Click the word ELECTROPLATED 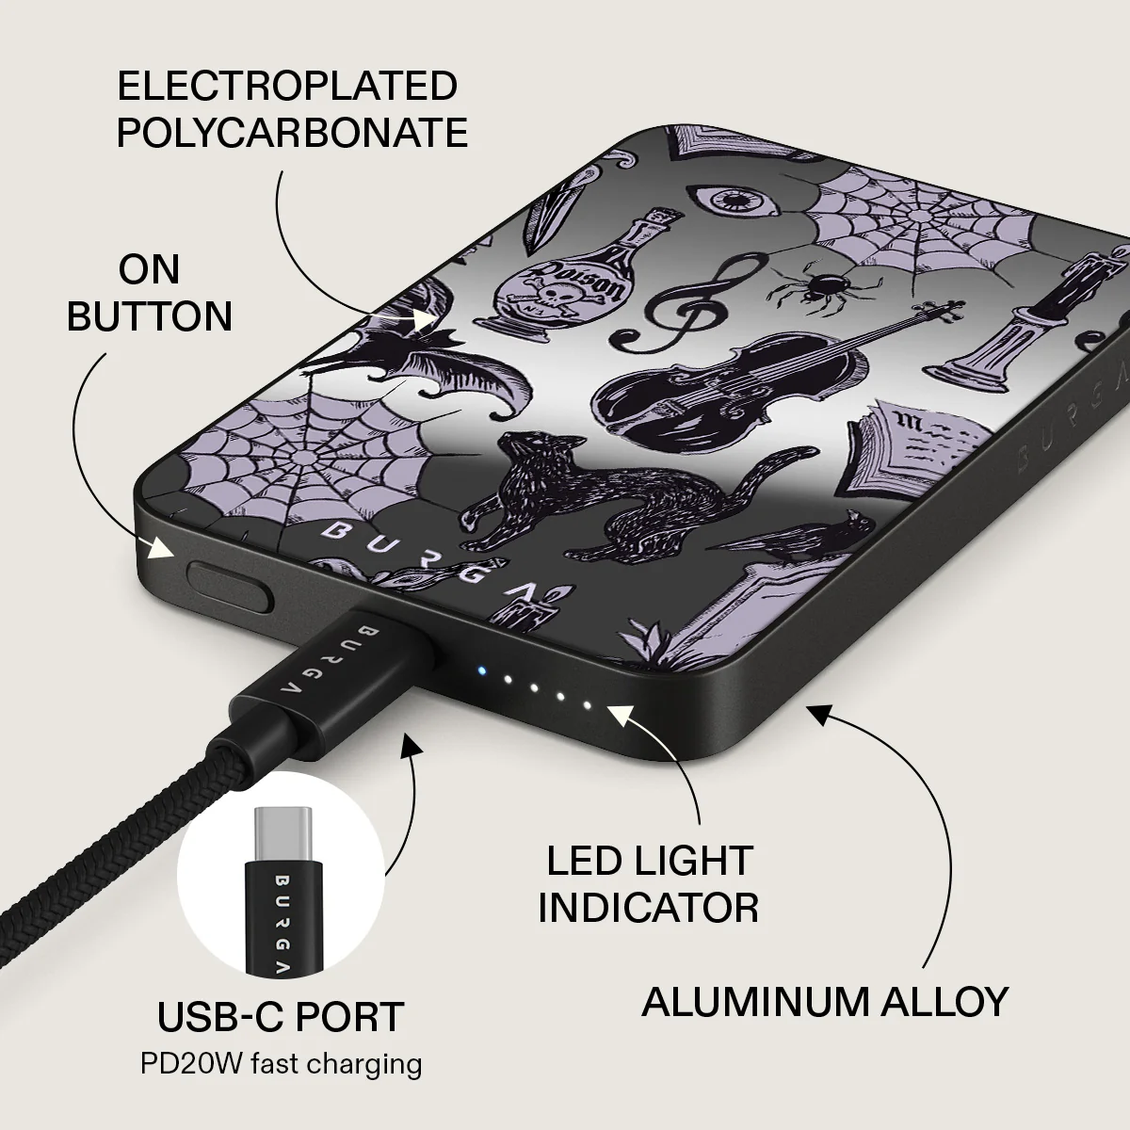287,87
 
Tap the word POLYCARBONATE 292,133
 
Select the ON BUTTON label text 150,293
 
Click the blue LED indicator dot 481,671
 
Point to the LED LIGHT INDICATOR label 648,884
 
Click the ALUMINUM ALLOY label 825,1002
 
